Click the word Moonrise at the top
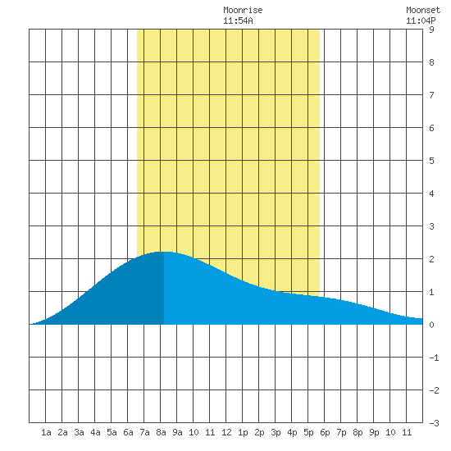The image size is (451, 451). (x=243, y=11)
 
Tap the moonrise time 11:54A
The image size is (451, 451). (x=238, y=20)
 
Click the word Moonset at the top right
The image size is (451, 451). (x=423, y=11)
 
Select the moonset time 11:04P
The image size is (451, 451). (x=421, y=20)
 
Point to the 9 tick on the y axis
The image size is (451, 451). (x=431, y=30)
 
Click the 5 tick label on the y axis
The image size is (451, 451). (x=431, y=161)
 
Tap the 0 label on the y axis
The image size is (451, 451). (x=431, y=325)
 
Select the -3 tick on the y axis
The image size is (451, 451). (x=434, y=423)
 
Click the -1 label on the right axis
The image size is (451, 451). (x=434, y=358)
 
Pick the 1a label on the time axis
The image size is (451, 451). (x=46, y=432)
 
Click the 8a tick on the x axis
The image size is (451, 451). (x=161, y=432)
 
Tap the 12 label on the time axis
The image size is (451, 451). (x=226, y=432)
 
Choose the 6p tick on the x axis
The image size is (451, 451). (x=325, y=432)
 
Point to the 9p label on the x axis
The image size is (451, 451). (x=374, y=432)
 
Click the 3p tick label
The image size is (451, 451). (x=276, y=432)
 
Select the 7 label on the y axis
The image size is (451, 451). (x=431, y=95)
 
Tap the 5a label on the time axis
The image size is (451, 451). (x=112, y=432)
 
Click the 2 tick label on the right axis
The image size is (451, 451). (x=431, y=259)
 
